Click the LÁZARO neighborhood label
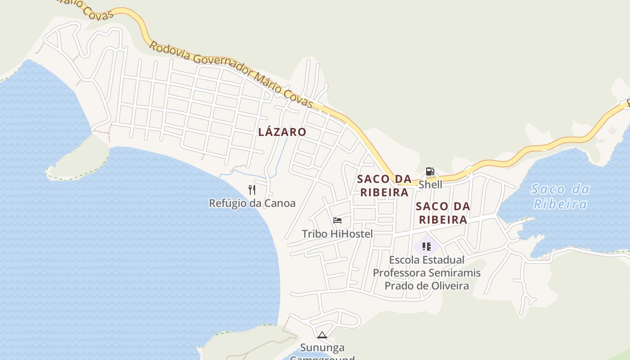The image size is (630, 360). pos(282,132)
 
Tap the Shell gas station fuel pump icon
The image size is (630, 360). pos(430,171)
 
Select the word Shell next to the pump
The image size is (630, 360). pos(430,184)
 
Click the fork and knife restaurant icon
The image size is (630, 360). pos(252,190)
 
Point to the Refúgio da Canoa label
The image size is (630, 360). pos(252,203)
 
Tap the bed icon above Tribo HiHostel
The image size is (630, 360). pos(337,220)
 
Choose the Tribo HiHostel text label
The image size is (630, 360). pos(337,234)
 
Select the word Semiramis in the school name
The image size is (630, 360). pos(454,273)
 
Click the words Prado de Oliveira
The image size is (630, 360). pos(427,285)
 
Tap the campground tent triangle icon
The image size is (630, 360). pos(322,335)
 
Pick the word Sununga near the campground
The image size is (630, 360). pos(322,347)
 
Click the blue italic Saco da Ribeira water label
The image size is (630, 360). pos(560,197)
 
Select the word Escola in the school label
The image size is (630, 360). pos(404,260)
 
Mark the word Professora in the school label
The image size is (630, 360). pos(400,273)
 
